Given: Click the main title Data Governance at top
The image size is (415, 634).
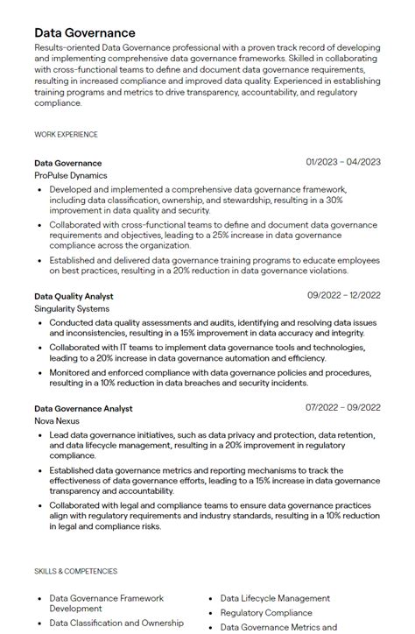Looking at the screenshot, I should [x=85, y=32].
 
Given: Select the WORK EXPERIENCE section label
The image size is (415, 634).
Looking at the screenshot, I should [x=66, y=134].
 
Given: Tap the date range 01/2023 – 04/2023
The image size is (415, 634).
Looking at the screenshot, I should [x=343, y=162].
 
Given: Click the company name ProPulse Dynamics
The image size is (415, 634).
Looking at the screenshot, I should [x=70, y=175].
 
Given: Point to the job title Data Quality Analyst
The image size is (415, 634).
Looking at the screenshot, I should [x=74, y=296].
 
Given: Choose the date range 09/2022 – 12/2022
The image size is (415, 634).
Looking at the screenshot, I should [x=343, y=296].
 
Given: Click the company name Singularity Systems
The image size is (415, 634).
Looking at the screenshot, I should [x=72, y=309].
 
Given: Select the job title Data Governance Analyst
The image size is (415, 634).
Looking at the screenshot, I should [x=83, y=408].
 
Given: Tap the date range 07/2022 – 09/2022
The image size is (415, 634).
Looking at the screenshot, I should [x=343, y=408].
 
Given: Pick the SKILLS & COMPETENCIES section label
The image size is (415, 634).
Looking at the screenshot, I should [x=75, y=571].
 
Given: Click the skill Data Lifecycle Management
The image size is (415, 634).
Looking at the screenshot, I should [x=275, y=598].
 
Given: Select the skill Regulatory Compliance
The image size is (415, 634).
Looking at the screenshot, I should [x=266, y=613].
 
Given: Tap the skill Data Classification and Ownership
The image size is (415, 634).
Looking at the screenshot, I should [x=116, y=623].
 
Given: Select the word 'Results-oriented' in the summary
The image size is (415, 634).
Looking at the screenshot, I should [x=67, y=47].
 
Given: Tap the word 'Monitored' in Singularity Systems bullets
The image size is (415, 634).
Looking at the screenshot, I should [x=69, y=372].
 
